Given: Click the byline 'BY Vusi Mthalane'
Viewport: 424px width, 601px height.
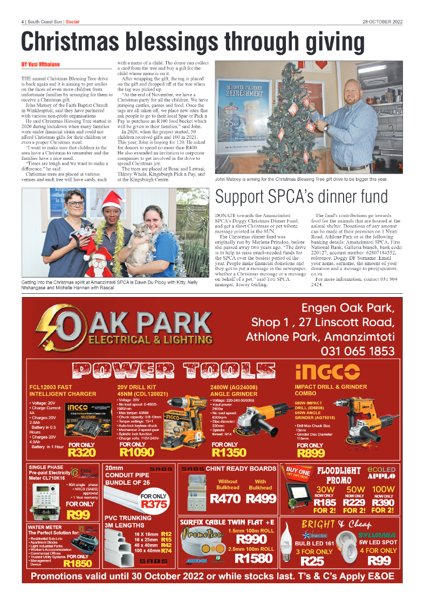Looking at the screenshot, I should click(x=40, y=65).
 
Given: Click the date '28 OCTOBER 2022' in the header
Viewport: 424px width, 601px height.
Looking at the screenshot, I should click(x=382, y=22).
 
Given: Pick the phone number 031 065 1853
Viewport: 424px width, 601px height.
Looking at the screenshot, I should click(x=357, y=351).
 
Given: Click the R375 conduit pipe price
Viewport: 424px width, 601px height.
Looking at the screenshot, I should click(x=153, y=504).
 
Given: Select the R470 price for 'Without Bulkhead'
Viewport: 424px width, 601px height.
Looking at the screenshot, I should click(x=227, y=499).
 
